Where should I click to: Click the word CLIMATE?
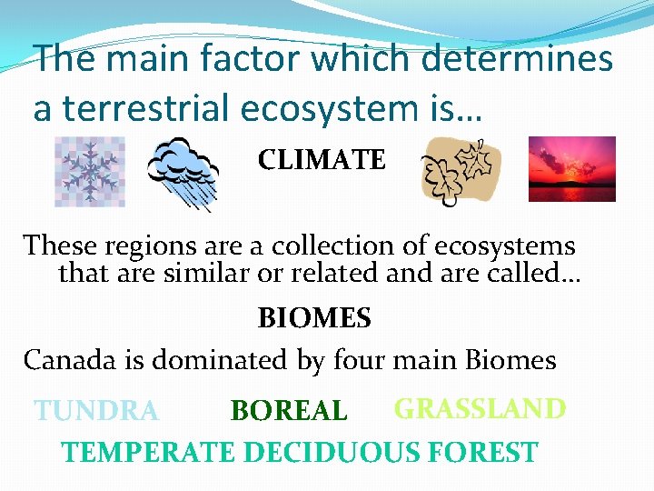point(322,161)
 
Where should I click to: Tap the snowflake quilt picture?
point(89,171)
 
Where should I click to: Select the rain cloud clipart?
point(184,173)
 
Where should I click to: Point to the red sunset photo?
point(572,168)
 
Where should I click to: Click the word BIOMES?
point(314,318)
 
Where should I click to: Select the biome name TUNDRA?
point(96,412)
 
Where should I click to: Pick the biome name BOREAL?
point(289,412)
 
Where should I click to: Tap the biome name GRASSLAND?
point(480,409)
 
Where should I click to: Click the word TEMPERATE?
point(149,452)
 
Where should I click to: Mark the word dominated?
point(217,360)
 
